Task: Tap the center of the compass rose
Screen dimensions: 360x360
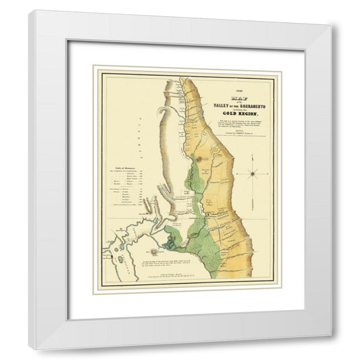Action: pyautogui.click(x=253, y=174)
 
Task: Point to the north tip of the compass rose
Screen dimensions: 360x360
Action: pyautogui.click(x=253, y=159)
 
